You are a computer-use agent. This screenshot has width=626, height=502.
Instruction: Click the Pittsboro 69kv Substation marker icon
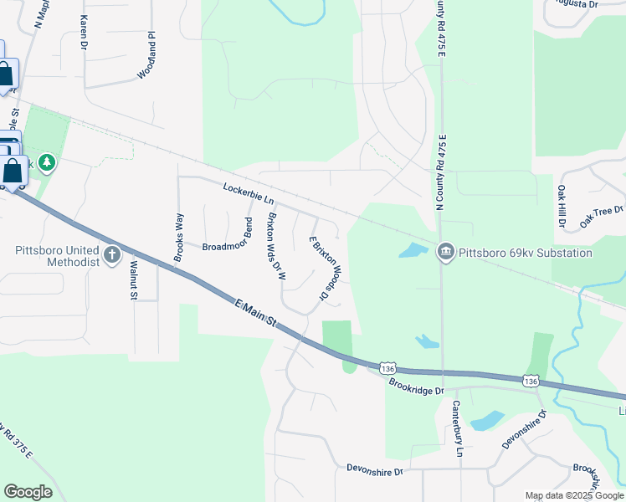(x=445, y=252)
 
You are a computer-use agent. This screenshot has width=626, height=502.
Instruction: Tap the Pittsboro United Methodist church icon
(x=112, y=254)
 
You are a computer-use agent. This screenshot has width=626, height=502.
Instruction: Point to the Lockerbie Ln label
(x=249, y=194)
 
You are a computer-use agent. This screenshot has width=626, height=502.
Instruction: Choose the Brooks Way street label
(x=179, y=238)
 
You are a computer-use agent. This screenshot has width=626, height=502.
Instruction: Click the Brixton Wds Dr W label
(x=276, y=245)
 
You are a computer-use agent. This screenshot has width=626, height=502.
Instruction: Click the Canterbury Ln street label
(x=458, y=428)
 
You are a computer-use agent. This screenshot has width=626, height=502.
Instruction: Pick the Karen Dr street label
(x=84, y=32)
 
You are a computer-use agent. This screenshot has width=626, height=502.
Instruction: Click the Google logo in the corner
(x=28, y=492)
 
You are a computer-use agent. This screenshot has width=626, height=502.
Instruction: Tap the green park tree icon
(x=47, y=161)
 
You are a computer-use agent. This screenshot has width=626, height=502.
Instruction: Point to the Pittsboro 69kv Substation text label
(x=525, y=253)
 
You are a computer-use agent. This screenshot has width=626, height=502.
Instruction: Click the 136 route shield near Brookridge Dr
(x=387, y=368)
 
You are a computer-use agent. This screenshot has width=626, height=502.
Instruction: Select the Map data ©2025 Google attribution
(x=575, y=495)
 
